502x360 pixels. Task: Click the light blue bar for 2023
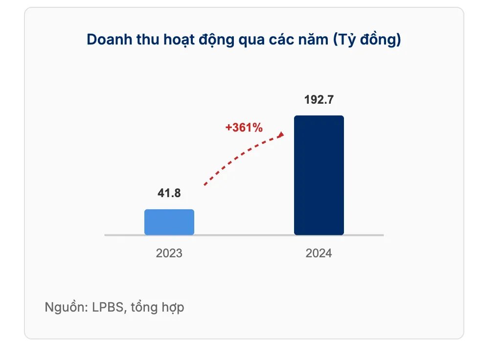pos(169,222)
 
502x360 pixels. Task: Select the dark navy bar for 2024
pos(319,176)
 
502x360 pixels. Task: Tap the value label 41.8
pos(169,193)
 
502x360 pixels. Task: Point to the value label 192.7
pos(319,99)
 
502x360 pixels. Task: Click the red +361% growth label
pos(244,127)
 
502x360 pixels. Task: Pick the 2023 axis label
pos(169,253)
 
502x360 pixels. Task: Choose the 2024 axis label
pos(319,253)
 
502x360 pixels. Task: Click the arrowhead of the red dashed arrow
pos(281,135)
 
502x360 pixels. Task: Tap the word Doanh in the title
pos(110,39)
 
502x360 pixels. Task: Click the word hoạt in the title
pos(179,40)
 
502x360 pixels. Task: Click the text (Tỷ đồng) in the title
pos(367,39)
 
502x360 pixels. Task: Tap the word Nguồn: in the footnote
pos(66,307)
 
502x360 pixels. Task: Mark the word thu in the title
pos(148,39)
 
